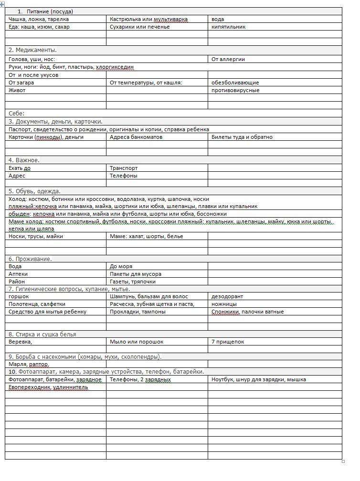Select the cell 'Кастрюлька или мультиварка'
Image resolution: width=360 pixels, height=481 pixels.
[148, 19]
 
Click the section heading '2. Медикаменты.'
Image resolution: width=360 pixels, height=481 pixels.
[33, 50]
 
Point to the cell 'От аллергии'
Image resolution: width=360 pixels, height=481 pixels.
[228, 59]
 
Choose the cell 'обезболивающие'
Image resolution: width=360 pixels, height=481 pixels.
[235, 83]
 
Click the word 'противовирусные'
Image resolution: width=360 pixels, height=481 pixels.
[235, 90]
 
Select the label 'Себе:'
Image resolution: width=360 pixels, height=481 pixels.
[17, 114]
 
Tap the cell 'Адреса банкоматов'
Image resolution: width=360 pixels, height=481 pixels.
[136, 137]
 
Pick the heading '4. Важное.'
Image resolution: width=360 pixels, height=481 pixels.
[24, 160]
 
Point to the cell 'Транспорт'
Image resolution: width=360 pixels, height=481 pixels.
[124, 168]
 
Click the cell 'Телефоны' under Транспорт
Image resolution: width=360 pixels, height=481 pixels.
[123, 176]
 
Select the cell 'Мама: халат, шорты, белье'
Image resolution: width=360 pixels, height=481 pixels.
[146, 236]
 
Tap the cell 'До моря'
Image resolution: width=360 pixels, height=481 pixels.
[121, 266]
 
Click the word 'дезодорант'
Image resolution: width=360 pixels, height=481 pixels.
[227, 296]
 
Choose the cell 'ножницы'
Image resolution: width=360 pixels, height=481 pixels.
[224, 304]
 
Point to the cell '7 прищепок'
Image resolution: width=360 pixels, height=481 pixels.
[228, 342]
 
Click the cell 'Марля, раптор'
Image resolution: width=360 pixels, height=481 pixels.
[29, 364]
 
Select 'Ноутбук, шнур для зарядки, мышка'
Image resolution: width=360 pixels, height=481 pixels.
[258, 379]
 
